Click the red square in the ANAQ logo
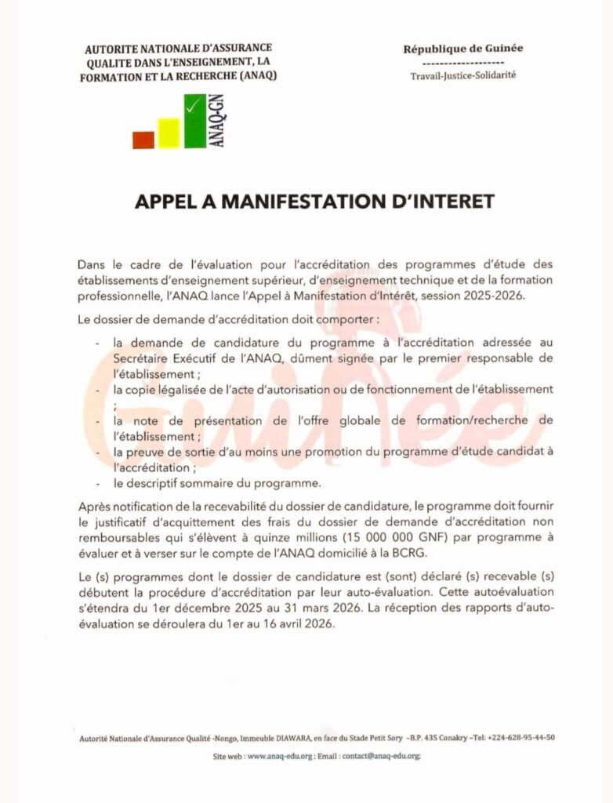click(143, 140)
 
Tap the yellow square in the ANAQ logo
click(169, 133)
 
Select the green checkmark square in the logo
click(195, 121)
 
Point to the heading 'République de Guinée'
click(462, 49)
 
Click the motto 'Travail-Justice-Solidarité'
click(462, 76)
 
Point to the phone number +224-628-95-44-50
click(521, 738)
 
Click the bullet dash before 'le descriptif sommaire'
click(97, 482)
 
